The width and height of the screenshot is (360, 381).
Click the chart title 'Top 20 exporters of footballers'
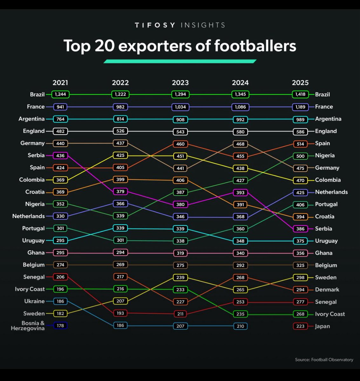(x=180, y=46)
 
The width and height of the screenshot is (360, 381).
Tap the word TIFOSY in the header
(x=155, y=25)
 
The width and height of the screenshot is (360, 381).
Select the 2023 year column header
(x=180, y=83)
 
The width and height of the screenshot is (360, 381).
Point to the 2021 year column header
(x=60, y=83)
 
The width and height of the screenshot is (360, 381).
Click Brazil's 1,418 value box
(x=300, y=94)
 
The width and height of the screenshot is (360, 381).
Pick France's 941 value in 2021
(x=60, y=107)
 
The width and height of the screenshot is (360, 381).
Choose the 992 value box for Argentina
(x=240, y=119)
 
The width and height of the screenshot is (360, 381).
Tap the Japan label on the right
(x=322, y=326)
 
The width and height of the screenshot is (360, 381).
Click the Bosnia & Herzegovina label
(x=28, y=326)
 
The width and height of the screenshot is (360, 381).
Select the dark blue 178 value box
(x=60, y=325)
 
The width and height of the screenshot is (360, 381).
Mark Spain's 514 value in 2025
(x=300, y=144)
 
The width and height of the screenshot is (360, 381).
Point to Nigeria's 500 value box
(x=300, y=156)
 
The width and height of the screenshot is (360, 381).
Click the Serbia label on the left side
(x=36, y=155)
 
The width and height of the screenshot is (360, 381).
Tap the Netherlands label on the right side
(x=331, y=192)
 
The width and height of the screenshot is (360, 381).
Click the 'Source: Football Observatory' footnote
(x=324, y=360)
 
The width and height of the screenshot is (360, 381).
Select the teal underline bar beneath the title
(x=180, y=61)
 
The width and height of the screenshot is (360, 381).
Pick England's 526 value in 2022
(x=120, y=131)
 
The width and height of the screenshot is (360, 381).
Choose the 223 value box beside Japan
(x=300, y=326)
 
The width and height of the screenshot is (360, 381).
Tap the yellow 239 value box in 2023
(x=180, y=277)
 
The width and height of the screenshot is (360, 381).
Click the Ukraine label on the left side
(x=35, y=301)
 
